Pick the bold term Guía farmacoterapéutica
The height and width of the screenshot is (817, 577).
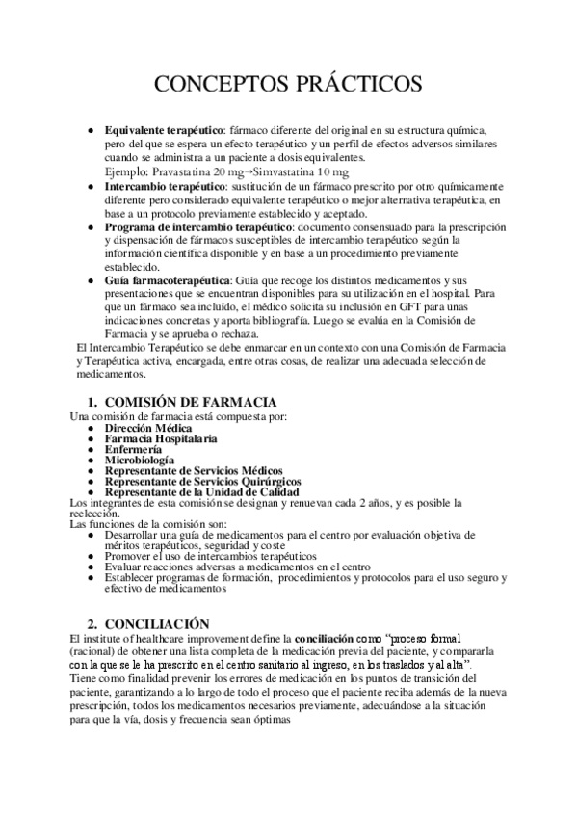pos(161,279)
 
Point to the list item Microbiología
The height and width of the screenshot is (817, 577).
pos(140,461)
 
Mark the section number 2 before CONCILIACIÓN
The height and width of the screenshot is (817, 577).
pos(92,624)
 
